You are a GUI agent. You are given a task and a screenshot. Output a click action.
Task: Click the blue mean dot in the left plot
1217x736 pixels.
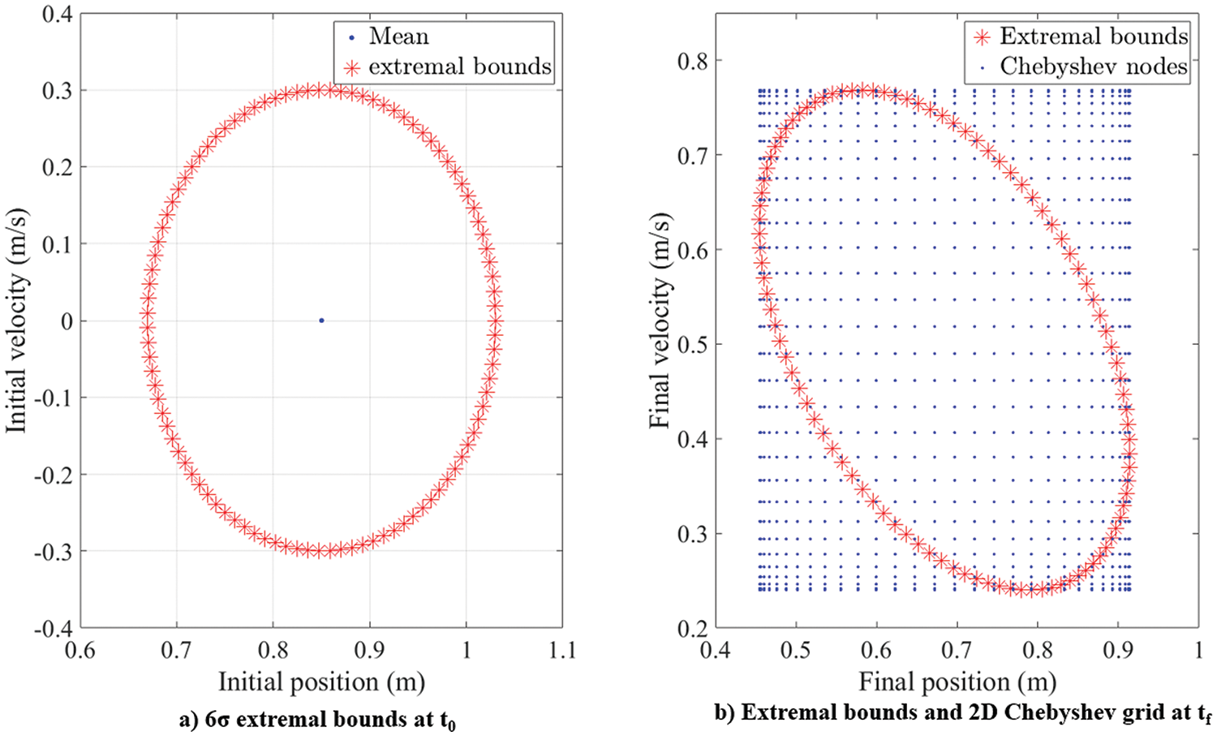321,321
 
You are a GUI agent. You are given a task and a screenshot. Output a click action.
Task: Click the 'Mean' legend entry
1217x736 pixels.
398,37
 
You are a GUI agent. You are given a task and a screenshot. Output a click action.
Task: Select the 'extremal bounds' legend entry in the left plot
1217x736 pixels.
459,67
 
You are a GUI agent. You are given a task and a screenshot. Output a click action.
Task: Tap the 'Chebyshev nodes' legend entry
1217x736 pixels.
1093,66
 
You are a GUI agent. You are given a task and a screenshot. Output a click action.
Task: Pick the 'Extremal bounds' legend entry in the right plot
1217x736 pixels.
1093,37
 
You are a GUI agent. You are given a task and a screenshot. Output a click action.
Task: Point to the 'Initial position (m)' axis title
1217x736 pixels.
321,682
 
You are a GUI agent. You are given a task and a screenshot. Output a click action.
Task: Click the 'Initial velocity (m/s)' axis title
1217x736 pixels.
18,321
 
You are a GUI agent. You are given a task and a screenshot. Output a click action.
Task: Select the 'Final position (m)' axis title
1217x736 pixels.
957,682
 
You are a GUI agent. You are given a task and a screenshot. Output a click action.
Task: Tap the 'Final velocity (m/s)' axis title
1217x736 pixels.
661,321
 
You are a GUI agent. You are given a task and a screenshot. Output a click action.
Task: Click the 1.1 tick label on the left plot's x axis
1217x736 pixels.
561,651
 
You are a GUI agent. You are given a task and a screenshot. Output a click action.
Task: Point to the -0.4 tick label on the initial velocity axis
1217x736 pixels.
54,628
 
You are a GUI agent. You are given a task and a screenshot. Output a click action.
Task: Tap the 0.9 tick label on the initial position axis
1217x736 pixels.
369,651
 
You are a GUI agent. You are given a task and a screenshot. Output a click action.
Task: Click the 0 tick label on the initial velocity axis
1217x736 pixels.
67,321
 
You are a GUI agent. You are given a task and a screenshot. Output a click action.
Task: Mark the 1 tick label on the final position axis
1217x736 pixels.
1198,651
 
